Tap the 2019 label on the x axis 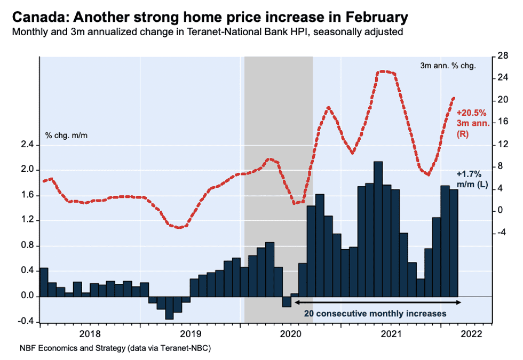(x=190, y=334)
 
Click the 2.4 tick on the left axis (x=26, y=145)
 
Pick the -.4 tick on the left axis (x=26, y=322)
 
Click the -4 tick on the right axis (x=502, y=233)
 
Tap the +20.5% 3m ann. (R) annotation (x=471, y=123)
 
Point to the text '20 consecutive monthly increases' (x=375, y=314)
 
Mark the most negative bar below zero (x=169, y=308)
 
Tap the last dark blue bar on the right (x=453, y=243)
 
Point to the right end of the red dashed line (x=454, y=98)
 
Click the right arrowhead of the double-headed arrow (x=458, y=303)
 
